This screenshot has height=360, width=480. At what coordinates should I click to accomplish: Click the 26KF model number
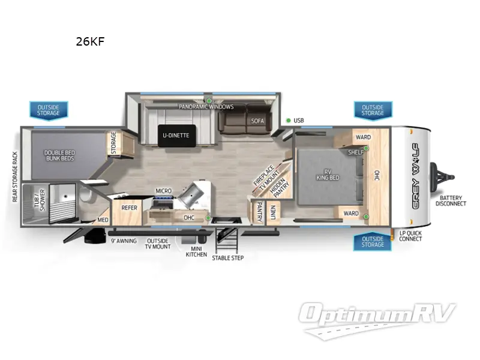coord(90,41)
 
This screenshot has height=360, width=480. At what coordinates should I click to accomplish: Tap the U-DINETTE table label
coord(176,136)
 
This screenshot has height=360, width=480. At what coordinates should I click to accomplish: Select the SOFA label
coord(257,121)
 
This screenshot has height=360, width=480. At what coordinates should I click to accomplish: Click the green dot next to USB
coord(288,121)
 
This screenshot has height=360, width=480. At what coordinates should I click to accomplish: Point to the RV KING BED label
coord(328,175)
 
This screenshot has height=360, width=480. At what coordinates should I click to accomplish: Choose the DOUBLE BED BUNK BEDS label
coord(59,155)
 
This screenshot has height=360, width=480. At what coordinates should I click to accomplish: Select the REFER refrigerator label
coord(129,208)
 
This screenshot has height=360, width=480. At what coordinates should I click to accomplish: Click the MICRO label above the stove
coord(163,191)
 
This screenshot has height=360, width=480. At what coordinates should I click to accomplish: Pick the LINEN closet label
coord(273,212)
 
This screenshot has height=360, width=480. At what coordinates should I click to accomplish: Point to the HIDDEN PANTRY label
coord(280,187)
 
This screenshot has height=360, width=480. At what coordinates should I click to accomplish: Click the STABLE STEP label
coord(228,258)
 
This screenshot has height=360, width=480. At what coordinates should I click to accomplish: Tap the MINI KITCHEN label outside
coord(196,251)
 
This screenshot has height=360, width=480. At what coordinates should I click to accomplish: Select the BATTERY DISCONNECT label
coord(451,201)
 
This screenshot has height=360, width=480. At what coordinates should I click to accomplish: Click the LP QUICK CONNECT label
coord(410,236)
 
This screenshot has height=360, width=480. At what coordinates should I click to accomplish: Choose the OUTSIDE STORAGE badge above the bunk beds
coord(49,110)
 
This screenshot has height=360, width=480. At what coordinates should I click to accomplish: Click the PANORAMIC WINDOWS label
coord(206,107)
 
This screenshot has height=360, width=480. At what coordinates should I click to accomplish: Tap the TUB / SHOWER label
coord(40,200)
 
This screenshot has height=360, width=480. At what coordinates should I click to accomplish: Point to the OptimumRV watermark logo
coord(377,320)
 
